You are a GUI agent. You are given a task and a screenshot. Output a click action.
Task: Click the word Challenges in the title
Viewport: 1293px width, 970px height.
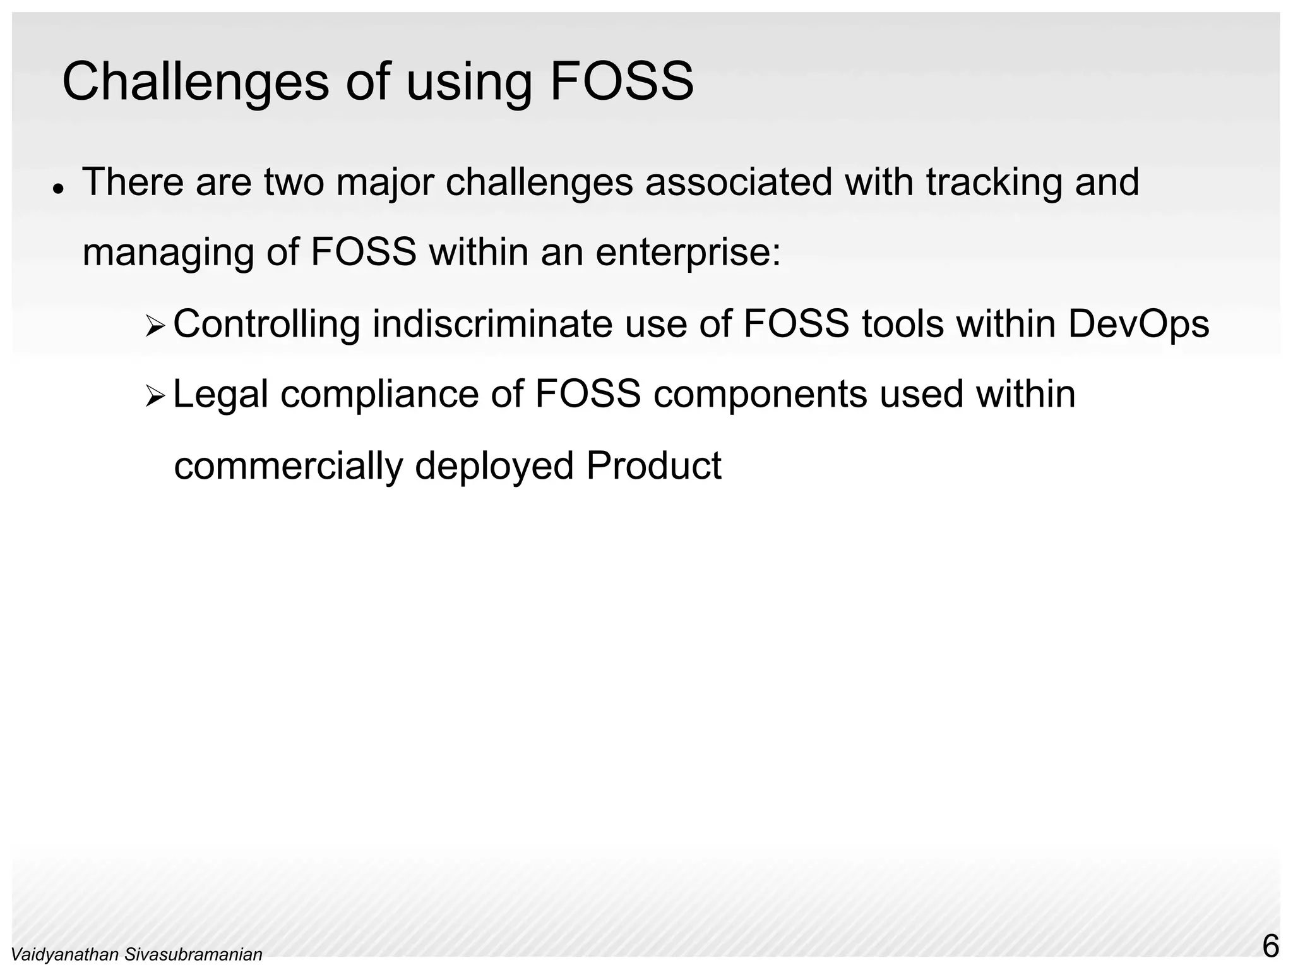195,82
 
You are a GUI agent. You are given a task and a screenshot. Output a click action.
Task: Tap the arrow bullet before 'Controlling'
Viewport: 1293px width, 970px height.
155,326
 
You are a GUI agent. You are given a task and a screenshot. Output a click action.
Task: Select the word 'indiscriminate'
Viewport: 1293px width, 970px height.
492,324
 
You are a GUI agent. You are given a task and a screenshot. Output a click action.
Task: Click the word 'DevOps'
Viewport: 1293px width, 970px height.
1138,325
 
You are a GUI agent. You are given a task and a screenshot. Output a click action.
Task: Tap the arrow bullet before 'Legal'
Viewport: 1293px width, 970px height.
155,397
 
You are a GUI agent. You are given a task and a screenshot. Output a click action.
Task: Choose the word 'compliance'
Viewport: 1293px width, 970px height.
379,395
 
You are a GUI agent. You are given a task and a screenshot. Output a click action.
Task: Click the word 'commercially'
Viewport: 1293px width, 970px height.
288,466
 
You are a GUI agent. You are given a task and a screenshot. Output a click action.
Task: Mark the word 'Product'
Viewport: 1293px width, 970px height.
653,466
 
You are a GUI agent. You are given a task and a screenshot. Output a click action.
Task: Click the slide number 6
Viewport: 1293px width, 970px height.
1270,947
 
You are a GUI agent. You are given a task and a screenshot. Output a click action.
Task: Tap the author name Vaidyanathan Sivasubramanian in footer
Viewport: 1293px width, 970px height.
137,955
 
